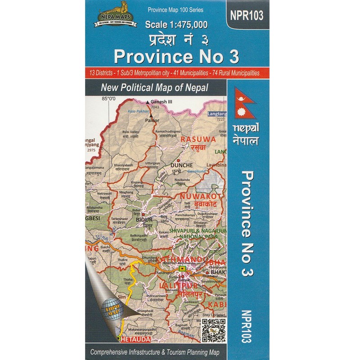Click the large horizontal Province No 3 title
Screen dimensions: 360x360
pyautogui.click(x=176, y=56)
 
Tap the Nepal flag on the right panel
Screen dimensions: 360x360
pyautogui.click(x=246, y=104)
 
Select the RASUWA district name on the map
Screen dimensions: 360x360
pyautogui.click(x=195, y=140)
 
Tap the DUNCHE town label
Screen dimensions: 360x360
pyautogui.click(x=182, y=165)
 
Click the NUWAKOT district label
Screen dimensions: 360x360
pyautogui.click(x=199, y=197)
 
